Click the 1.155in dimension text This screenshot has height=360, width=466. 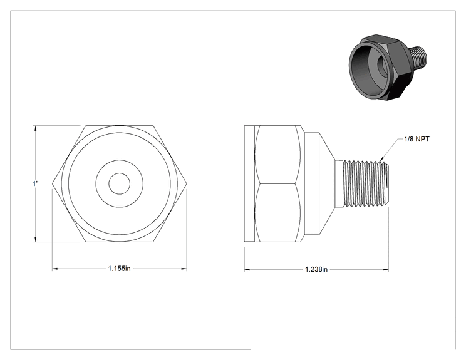[119, 269]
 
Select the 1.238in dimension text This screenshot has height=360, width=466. [316, 269]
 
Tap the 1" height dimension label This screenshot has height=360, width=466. [36, 183]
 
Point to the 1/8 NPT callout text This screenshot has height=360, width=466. [417, 139]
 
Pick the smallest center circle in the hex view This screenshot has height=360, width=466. [119, 183]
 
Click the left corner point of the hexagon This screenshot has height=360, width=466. [53, 183]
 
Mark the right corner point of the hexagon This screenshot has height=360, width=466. [187, 183]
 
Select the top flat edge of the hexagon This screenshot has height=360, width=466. [120, 126]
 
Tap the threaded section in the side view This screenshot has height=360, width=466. [366, 183]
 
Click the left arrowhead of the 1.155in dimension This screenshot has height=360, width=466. [54, 269]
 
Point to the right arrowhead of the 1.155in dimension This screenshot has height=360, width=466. [184, 269]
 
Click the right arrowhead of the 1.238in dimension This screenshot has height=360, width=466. [386, 270]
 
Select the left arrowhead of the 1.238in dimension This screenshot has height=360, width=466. [247, 270]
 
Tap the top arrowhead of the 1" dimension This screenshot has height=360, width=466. [36, 128]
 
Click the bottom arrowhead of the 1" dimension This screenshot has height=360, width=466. [36, 239]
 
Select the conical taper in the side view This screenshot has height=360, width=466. [327, 183]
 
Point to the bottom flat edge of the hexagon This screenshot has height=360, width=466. [120, 242]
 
